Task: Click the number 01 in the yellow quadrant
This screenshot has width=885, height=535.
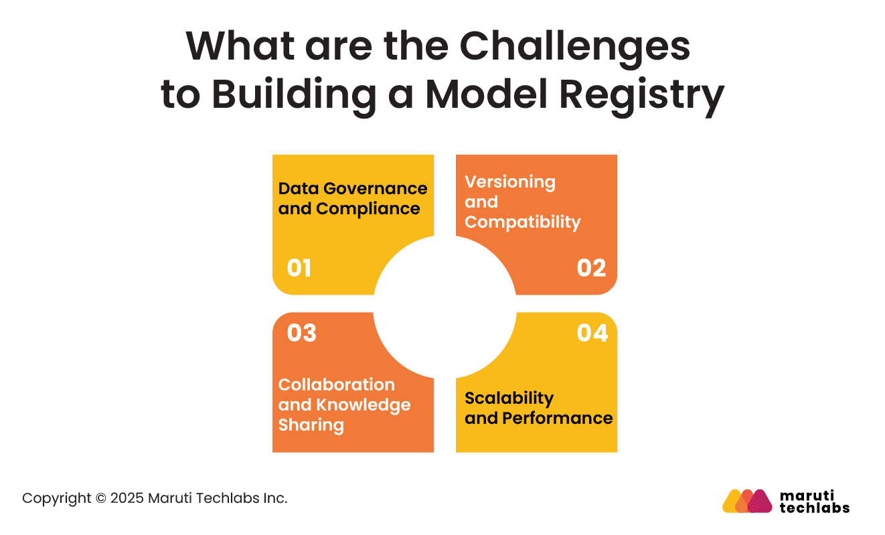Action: point(299,269)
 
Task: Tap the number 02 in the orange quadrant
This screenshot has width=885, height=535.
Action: point(591,269)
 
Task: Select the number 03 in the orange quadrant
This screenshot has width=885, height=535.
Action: point(301,333)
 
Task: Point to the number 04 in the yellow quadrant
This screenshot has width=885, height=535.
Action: point(592,333)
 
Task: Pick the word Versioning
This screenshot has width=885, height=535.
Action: point(510,182)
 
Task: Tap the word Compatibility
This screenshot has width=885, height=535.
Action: point(522,222)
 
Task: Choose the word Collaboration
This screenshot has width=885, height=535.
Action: point(337,385)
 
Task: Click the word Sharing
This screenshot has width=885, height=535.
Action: point(311,425)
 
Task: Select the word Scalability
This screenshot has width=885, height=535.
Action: point(509,398)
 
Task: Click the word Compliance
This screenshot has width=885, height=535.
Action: point(368,209)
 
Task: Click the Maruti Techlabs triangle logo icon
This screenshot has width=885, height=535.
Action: point(747,501)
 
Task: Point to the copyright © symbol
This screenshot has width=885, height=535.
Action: point(101,498)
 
